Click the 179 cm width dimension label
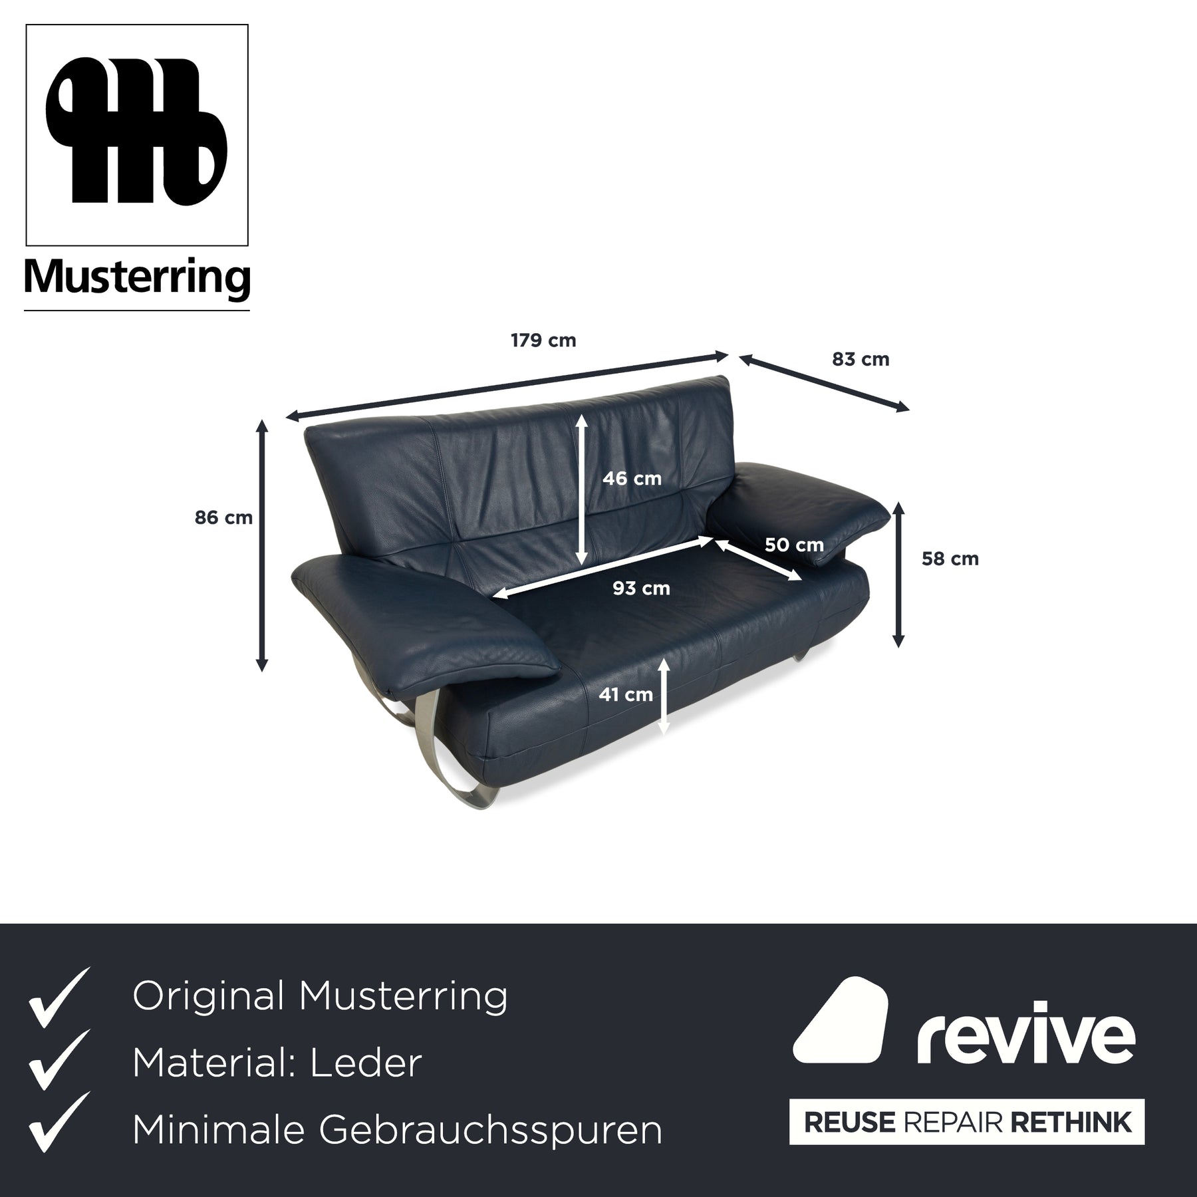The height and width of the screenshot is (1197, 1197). [x=543, y=340]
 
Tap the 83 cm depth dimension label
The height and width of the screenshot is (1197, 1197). [x=861, y=359]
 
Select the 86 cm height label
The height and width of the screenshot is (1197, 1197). [x=223, y=517]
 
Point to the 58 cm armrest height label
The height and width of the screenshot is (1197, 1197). [x=950, y=559]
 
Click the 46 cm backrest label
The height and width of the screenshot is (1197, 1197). [x=632, y=478]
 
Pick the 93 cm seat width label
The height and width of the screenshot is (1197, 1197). [x=641, y=588]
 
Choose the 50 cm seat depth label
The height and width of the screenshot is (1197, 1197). [x=794, y=545]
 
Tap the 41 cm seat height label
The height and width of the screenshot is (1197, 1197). [x=626, y=694]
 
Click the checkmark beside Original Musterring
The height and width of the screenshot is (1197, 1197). [x=59, y=997]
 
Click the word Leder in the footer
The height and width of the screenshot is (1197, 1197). [x=366, y=1063]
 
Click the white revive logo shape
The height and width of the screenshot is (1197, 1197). [x=841, y=1021]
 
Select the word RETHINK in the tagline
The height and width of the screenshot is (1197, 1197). [x=1071, y=1122]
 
